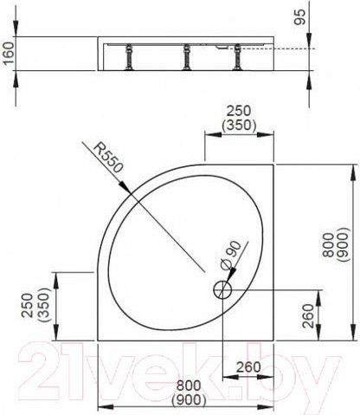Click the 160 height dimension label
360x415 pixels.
8,58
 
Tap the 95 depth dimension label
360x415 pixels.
299,16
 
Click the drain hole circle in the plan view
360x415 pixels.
224,289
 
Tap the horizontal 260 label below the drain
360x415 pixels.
248,366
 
